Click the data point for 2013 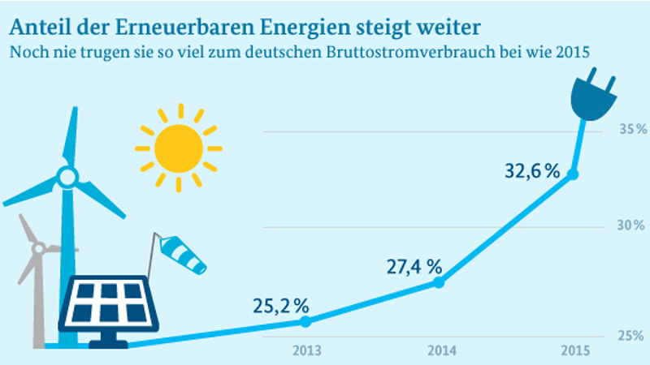tap(305, 321)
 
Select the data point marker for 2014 tap(439, 282)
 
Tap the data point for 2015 tap(573, 174)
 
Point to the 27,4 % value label tap(414, 267)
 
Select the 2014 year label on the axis tap(440, 351)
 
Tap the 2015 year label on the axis tap(574, 351)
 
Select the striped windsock tap(183, 254)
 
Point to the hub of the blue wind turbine tap(67, 176)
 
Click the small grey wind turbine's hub tap(37, 247)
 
